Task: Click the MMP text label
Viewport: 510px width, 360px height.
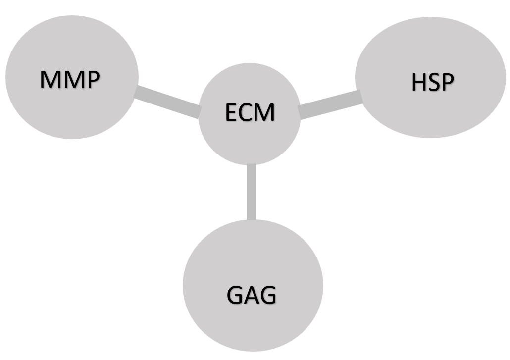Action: coord(70,79)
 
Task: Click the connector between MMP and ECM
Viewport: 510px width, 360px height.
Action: coord(167,102)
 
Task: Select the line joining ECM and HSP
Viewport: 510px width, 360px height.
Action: coord(330,104)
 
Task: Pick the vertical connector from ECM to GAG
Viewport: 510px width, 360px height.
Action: coord(252,192)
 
